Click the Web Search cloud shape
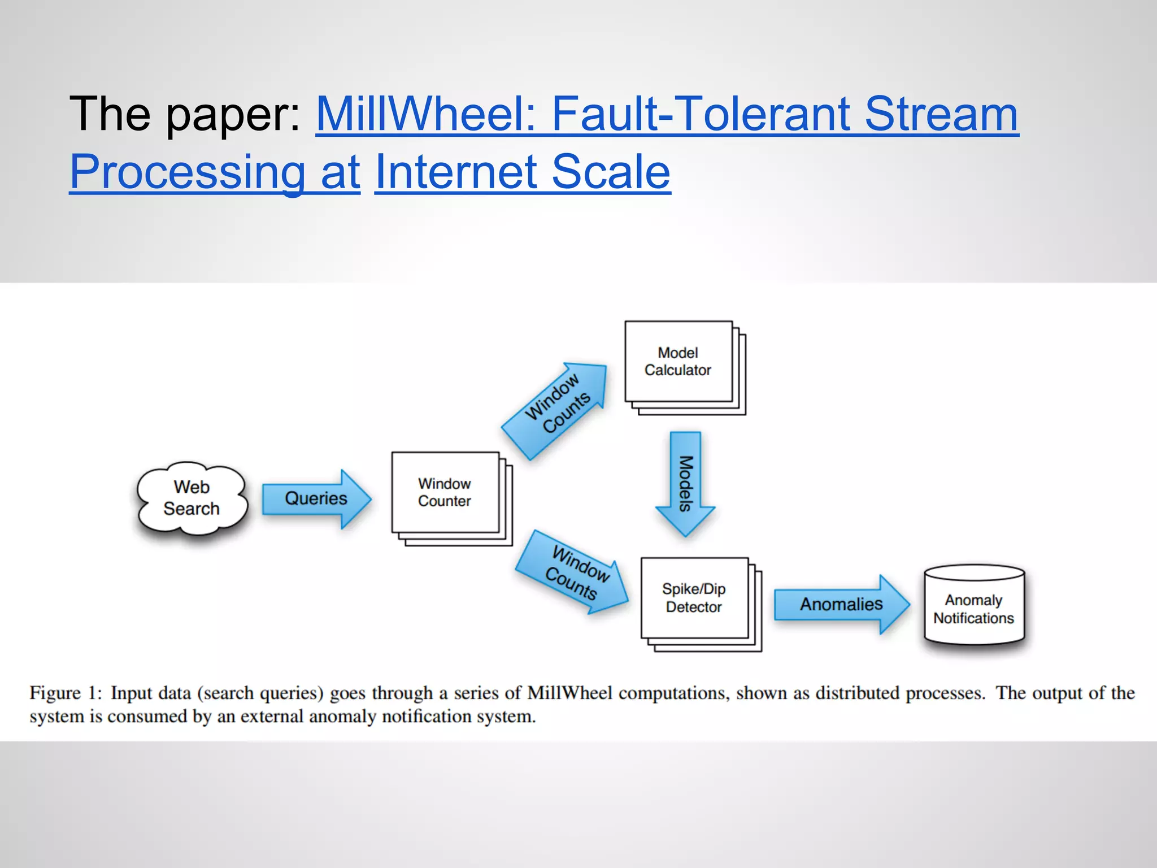click(x=192, y=498)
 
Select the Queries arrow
click(x=316, y=498)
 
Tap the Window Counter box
click(x=445, y=492)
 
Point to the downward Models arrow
click(x=685, y=484)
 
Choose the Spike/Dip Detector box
click(x=694, y=598)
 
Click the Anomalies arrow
click(x=841, y=604)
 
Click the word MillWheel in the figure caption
click(x=569, y=693)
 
